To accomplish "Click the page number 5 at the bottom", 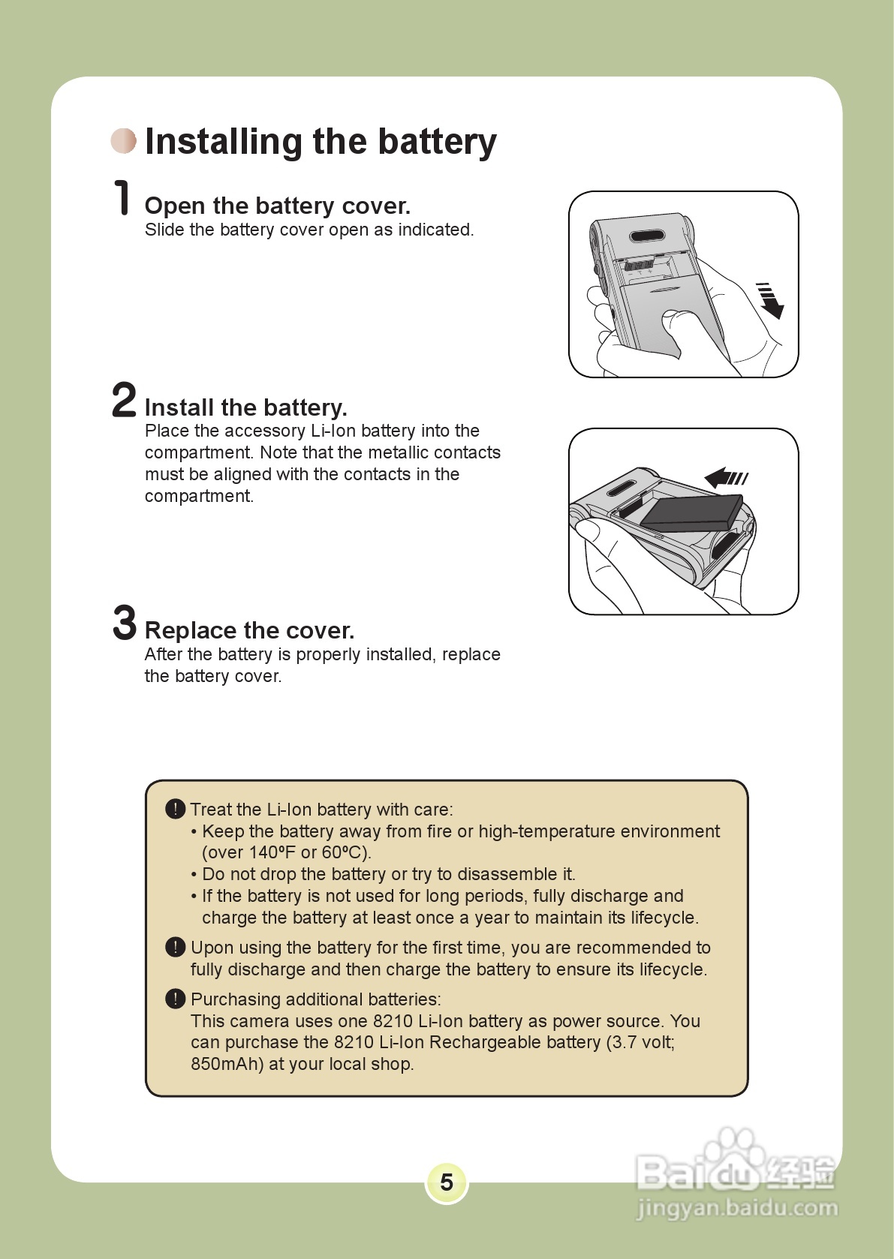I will [447, 1182].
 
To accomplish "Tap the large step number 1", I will [122, 198].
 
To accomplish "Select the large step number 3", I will [125, 623].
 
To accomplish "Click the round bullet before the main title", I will [124, 141].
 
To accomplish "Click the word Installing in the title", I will [223, 142].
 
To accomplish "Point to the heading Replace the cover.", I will [249, 630].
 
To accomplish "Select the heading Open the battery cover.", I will [277, 206].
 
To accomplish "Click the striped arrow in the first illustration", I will [769, 300].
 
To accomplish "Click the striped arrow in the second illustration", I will [726, 477].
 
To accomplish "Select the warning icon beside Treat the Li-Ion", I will [175, 809].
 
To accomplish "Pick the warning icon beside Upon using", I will [175, 947].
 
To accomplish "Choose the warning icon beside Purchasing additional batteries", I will [175, 999].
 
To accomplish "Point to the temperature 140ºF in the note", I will [272, 852].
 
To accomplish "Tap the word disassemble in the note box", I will [507, 874].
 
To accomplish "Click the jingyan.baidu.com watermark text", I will [737, 1208].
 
